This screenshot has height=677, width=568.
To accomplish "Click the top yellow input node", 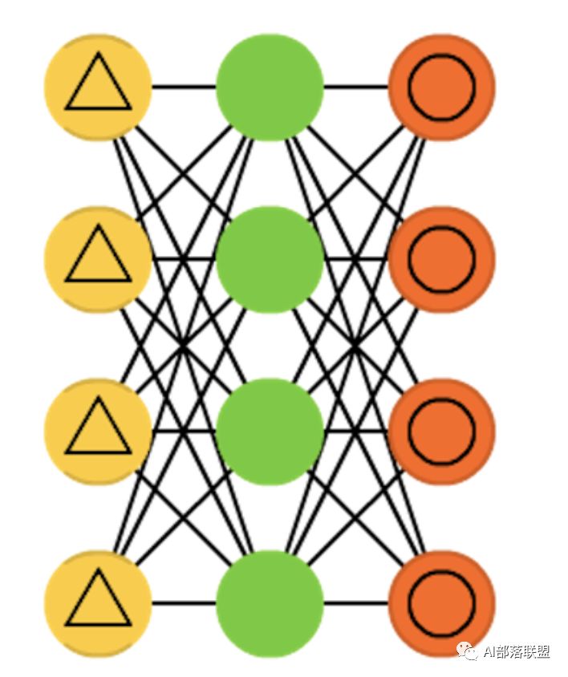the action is pyautogui.click(x=98, y=87).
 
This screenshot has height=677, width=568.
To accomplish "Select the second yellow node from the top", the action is pyautogui.click(x=98, y=259).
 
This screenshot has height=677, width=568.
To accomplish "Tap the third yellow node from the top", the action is pyautogui.click(x=98, y=432).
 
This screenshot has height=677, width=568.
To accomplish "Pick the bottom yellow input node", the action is pyautogui.click(x=98, y=603).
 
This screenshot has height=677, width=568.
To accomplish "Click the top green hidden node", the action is pyautogui.click(x=270, y=87).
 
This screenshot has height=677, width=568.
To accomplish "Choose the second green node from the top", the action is pyautogui.click(x=270, y=259).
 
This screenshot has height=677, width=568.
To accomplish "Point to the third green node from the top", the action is pyautogui.click(x=270, y=432).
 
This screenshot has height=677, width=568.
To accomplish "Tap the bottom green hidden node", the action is pyautogui.click(x=270, y=603).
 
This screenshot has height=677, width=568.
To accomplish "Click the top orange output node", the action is pyautogui.click(x=441, y=87).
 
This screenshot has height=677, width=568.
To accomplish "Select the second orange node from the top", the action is pyautogui.click(x=441, y=259).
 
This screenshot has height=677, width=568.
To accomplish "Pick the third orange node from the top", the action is pyautogui.click(x=441, y=432).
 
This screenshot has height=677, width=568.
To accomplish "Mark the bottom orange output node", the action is pyautogui.click(x=441, y=603).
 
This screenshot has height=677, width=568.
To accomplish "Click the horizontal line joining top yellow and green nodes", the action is pyautogui.click(x=184, y=87).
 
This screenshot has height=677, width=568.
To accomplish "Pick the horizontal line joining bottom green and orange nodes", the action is pyautogui.click(x=355, y=603).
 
